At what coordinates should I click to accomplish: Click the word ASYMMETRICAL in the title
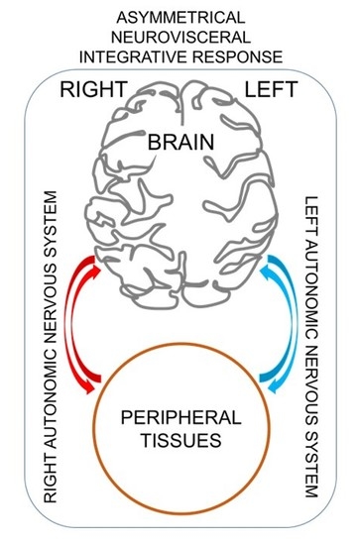click(x=180, y=17)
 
